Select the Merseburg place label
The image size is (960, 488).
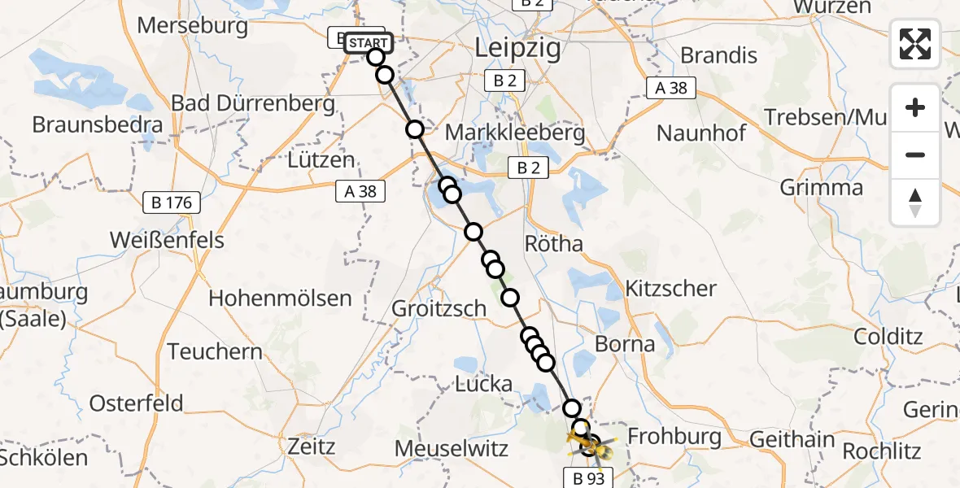click(x=193, y=25)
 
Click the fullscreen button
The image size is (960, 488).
click(x=915, y=44)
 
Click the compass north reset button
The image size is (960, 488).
click(x=915, y=203)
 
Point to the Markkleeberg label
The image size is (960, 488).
click(x=526, y=133)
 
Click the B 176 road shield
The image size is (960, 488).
click(x=171, y=202)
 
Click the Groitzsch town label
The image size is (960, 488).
click(x=439, y=309)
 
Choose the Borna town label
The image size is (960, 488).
click(x=625, y=344)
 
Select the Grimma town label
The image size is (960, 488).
click(x=822, y=188)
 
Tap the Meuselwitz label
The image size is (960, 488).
click(x=451, y=448)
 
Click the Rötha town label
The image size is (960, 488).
click(x=554, y=244)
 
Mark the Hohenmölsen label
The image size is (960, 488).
click(x=280, y=298)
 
